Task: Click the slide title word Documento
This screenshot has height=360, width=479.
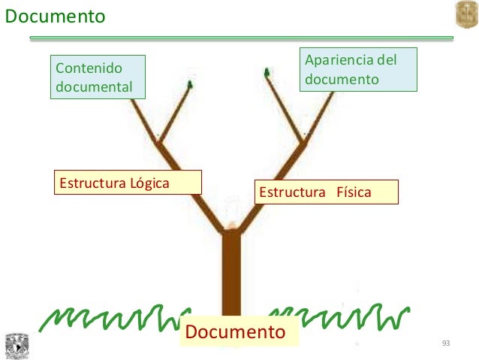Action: (x=55, y=16)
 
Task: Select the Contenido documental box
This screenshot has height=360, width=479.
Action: (x=98, y=77)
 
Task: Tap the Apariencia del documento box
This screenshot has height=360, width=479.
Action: (x=358, y=70)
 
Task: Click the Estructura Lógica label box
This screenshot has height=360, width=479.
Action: (x=128, y=183)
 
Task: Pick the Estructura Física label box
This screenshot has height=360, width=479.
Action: (x=326, y=192)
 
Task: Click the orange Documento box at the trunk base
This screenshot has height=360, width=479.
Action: (x=236, y=332)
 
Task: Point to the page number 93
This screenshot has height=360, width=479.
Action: (x=446, y=343)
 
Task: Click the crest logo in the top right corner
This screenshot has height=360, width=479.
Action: (x=465, y=15)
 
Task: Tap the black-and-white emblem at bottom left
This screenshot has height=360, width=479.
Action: (x=16, y=346)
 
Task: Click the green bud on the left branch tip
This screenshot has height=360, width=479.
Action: (x=191, y=84)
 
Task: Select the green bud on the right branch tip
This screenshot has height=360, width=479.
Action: (x=267, y=73)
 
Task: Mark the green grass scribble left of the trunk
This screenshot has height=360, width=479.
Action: (x=113, y=318)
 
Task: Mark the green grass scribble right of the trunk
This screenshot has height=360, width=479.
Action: (x=338, y=318)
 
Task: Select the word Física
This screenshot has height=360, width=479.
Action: (x=353, y=192)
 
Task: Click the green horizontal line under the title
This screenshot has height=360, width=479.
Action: (x=240, y=38)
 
